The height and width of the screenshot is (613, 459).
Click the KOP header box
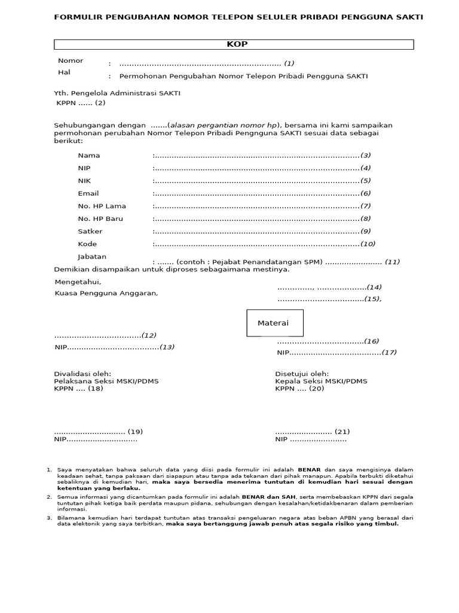(x=234, y=44)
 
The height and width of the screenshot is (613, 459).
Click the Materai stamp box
(x=273, y=323)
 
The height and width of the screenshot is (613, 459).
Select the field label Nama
(x=89, y=156)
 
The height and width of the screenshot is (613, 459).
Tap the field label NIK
(x=84, y=181)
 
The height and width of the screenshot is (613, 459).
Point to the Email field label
(x=88, y=193)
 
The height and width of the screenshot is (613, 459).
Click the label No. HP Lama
(x=102, y=206)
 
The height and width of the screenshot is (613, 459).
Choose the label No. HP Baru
(x=100, y=219)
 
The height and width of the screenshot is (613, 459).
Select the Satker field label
(x=90, y=231)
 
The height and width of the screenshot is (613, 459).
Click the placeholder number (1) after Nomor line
(x=289, y=63)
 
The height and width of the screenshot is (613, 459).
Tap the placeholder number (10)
(x=368, y=244)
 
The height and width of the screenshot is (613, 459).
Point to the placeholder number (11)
(x=392, y=262)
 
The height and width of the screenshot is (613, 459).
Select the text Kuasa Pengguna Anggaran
(x=106, y=293)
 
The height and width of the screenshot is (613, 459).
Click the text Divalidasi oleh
(x=82, y=374)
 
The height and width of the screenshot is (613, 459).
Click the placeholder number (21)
(x=342, y=432)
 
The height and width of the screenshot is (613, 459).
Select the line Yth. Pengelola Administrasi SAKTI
(x=117, y=93)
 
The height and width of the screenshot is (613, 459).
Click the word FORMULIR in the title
(x=78, y=17)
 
